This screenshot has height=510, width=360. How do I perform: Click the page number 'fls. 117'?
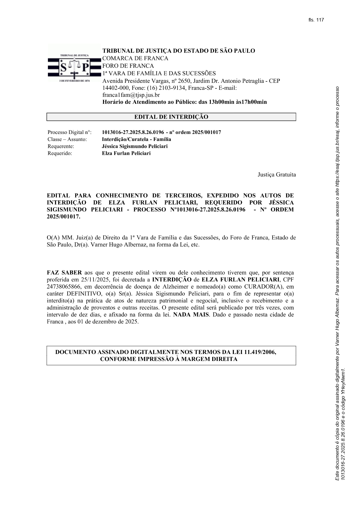pos(316,20)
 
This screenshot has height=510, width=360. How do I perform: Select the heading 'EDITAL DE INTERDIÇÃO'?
pos(171,117)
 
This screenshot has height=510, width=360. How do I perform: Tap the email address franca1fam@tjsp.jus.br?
pos(131,95)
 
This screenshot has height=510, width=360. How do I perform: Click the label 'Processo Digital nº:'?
pos(69,133)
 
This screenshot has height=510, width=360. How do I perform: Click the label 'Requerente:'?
pos(61,146)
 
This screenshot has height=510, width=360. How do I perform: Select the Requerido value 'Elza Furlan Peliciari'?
pos(126,153)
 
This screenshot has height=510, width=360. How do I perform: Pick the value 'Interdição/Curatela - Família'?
pos(136,139)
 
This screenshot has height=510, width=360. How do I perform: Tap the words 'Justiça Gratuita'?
pos(277,175)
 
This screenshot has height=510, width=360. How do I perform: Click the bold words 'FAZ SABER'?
pos(64,273)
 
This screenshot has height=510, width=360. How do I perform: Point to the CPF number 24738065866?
pos(62,287)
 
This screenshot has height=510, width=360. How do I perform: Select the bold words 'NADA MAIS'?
pos(191,315)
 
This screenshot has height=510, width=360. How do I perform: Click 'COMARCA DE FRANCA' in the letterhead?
pos(135,58)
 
